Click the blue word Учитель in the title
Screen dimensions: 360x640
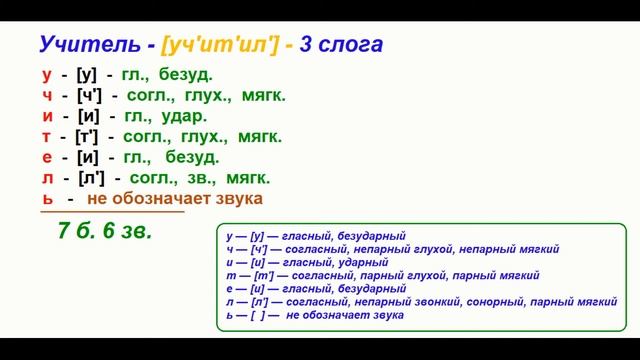pyautogui.click(x=85, y=45)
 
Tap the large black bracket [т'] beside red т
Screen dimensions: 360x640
pyautogui.click(x=86, y=136)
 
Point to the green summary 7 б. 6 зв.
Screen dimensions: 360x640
pyautogui.click(x=105, y=231)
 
